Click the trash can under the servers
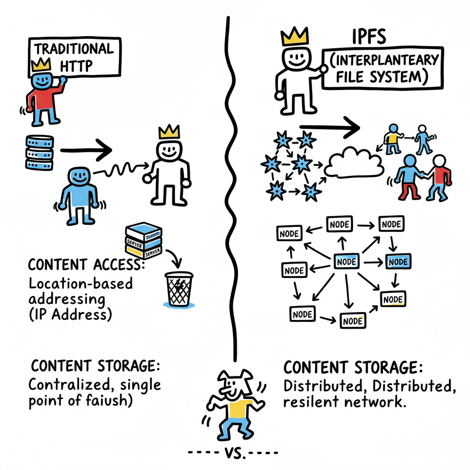pos(179,289)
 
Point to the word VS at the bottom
pos(234,453)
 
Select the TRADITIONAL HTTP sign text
pos(73,57)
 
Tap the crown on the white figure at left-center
pos(168,133)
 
